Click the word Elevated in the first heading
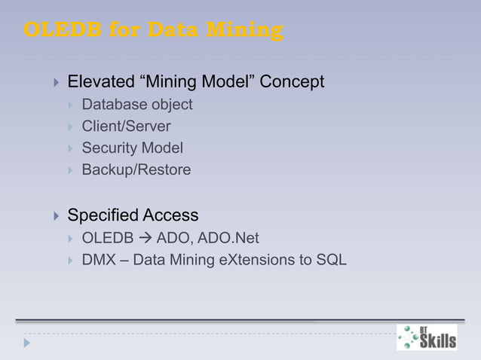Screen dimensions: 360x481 pos(97,81)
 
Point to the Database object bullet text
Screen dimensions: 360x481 pos(137,105)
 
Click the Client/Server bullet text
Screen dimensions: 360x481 pos(126,127)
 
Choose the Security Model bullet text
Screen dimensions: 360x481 pos(132,148)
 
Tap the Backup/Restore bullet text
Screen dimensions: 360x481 pos(136,170)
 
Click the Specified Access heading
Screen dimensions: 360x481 pos(133,215)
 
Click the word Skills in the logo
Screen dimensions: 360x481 pos(438,341)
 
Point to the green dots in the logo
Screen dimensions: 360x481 pos(408,337)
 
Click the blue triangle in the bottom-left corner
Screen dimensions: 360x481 pos(28,342)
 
